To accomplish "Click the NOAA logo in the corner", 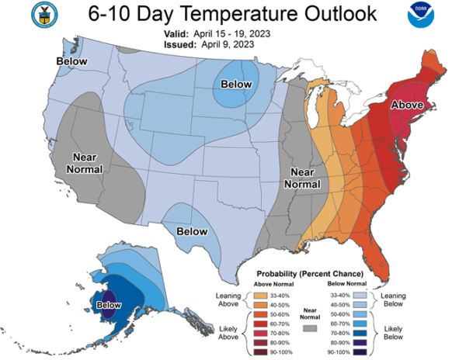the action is [x=420, y=15].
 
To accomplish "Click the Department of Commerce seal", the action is [x=44, y=15].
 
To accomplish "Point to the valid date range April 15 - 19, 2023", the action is [x=231, y=34].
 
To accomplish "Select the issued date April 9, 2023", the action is [x=228, y=44].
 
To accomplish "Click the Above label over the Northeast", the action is [x=407, y=105].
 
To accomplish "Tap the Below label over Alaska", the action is [x=109, y=305].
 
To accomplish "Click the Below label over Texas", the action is [x=192, y=231].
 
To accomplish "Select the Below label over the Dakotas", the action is [x=236, y=85].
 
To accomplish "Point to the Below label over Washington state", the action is [x=72, y=61].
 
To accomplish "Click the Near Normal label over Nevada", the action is [x=85, y=163].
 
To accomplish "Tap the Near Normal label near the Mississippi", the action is [x=302, y=178].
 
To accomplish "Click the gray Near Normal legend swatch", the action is [x=310, y=328].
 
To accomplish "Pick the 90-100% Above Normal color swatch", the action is [x=260, y=352].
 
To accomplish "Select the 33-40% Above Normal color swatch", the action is [x=260, y=296].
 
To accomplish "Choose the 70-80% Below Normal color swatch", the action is [x=360, y=334].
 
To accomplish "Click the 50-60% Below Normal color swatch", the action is [x=360, y=314].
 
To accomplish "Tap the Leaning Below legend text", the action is [x=393, y=299].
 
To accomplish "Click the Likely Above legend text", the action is [x=228, y=333].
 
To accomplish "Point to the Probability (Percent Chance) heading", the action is [x=310, y=274].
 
